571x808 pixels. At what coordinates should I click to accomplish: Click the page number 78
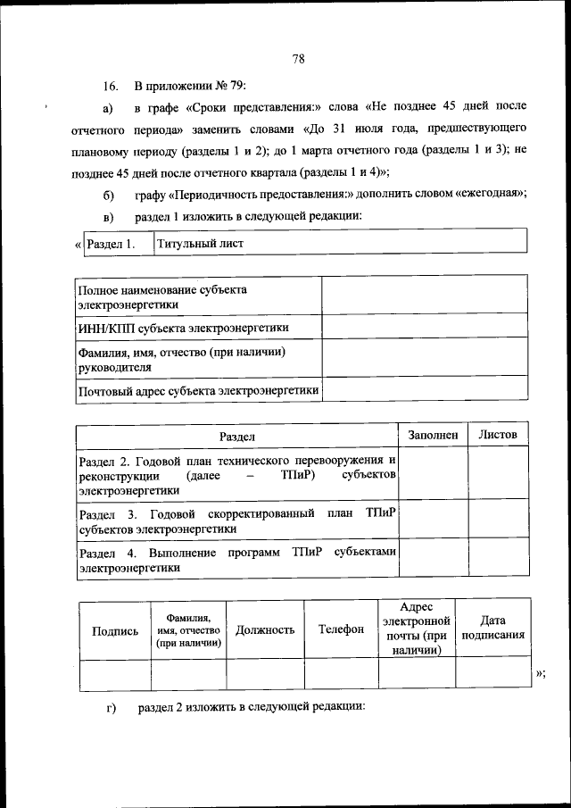point(299,60)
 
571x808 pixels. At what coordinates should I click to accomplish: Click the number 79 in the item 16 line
point(222,87)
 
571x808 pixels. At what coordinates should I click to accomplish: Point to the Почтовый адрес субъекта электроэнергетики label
point(198,390)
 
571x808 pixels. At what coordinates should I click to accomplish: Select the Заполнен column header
point(433,435)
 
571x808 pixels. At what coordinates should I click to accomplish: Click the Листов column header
point(498,435)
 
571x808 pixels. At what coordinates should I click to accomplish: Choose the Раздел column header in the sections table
point(237,436)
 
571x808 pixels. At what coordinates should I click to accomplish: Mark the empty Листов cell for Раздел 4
point(498,559)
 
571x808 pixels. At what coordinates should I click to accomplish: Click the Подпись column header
point(115,629)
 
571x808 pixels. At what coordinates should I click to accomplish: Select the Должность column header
point(265,629)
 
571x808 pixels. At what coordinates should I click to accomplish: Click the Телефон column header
point(341,629)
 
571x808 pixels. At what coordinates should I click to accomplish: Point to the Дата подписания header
point(492,629)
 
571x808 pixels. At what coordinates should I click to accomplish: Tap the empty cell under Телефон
point(341,674)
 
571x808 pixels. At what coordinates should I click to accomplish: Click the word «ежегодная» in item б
point(489,195)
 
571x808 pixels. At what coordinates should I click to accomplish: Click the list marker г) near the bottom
point(112,708)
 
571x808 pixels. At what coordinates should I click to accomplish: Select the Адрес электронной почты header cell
point(416,629)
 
